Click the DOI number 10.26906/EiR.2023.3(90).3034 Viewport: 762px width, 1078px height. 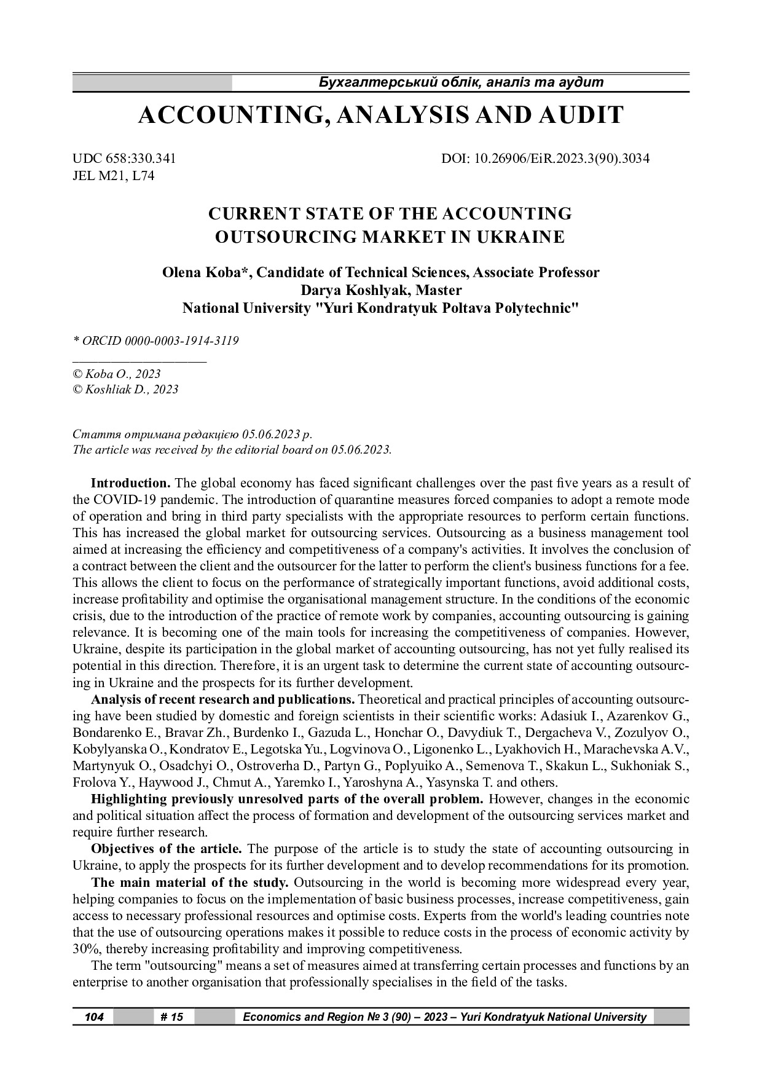pos(562,159)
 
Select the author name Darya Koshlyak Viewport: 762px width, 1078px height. pos(353,290)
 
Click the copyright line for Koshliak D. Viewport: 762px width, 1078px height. pos(125,389)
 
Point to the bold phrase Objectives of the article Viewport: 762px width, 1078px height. pos(167,849)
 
